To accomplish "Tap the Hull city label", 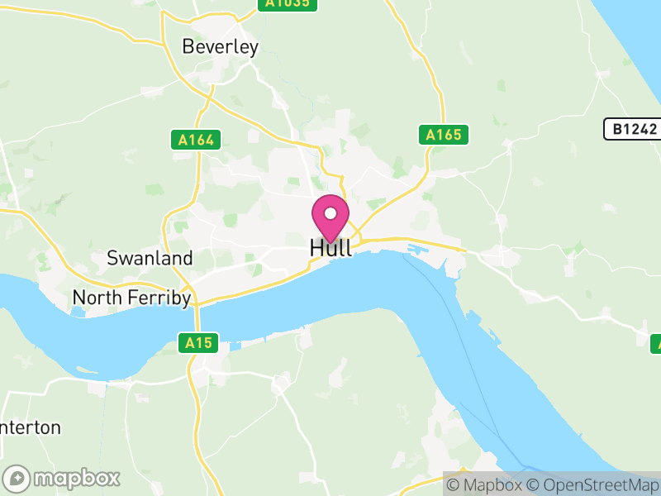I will coord(330,248).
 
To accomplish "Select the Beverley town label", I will coord(220,47).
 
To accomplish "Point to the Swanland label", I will coord(150,258).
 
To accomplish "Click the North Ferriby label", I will coord(132,298).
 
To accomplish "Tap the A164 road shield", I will coord(197,140).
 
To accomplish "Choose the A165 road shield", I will coord(443,134).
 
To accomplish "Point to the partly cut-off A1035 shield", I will coord(288,4).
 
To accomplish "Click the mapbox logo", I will coord(62,478).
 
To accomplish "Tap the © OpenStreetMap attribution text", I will coord(592,484).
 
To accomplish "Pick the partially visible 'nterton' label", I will coord(31,427).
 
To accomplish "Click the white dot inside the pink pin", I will coord(330,213).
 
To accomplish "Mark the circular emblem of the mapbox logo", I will coord(17,478).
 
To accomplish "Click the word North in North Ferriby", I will coord(97,298).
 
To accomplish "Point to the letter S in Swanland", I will coord(112,258).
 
